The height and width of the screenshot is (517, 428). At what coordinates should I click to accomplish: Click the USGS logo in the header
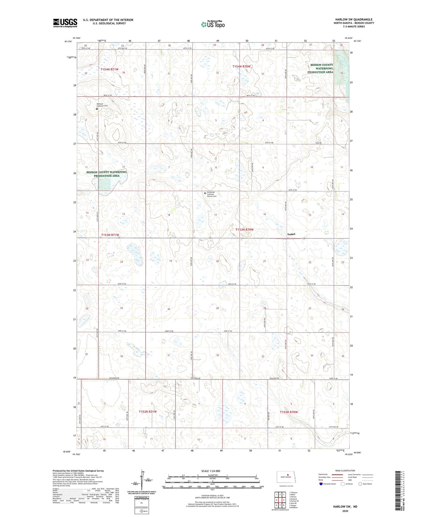pos(65,23)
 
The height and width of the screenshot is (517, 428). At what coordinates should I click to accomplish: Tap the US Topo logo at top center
pos(213,24)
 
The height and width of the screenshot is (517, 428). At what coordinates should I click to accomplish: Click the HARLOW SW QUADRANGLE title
pos(354,19)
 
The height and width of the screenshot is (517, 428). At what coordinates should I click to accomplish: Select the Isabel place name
pos(291,234)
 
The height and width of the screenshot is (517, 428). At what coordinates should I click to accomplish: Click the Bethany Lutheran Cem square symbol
pos(97,109)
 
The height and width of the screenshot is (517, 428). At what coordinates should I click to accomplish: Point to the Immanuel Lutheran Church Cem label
pos(212,194)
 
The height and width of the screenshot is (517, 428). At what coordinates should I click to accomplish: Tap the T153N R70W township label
pos(244,230)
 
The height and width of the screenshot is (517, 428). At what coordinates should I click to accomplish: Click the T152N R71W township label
pos(148,411)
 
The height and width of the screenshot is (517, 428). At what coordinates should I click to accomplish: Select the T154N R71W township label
pos(109,69)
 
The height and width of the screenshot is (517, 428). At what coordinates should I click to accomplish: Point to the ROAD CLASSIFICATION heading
pos(345,471)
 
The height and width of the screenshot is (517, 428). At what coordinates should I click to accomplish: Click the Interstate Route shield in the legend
pos(321,484)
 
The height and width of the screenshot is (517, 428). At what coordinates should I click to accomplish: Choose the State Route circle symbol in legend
pos(360,484)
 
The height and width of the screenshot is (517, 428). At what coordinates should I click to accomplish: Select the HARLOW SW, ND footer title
pos(345,506)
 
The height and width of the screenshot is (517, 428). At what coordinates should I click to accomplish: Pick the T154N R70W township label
pos(241,66)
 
